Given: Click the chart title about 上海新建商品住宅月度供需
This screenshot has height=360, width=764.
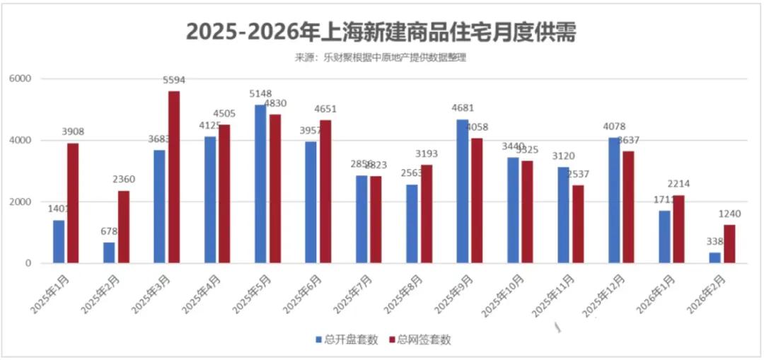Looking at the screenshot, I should (381, 33).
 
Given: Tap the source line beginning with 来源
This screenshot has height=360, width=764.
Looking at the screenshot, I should (380, 57).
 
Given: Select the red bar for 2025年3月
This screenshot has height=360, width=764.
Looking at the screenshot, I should (174, 177).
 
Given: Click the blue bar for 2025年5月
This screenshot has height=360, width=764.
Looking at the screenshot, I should (260, 184).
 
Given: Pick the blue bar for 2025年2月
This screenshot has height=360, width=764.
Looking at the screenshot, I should (109, 252).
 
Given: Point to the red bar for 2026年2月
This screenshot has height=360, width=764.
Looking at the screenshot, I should (729, 244).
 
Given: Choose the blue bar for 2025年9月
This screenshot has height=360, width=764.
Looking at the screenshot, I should (462, 191).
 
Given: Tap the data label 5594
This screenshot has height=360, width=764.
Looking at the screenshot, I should (174, 81).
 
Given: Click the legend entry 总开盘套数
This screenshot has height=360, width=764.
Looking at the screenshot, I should (347, 339).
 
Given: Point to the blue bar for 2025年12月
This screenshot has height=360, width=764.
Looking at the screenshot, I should (613, 200).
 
